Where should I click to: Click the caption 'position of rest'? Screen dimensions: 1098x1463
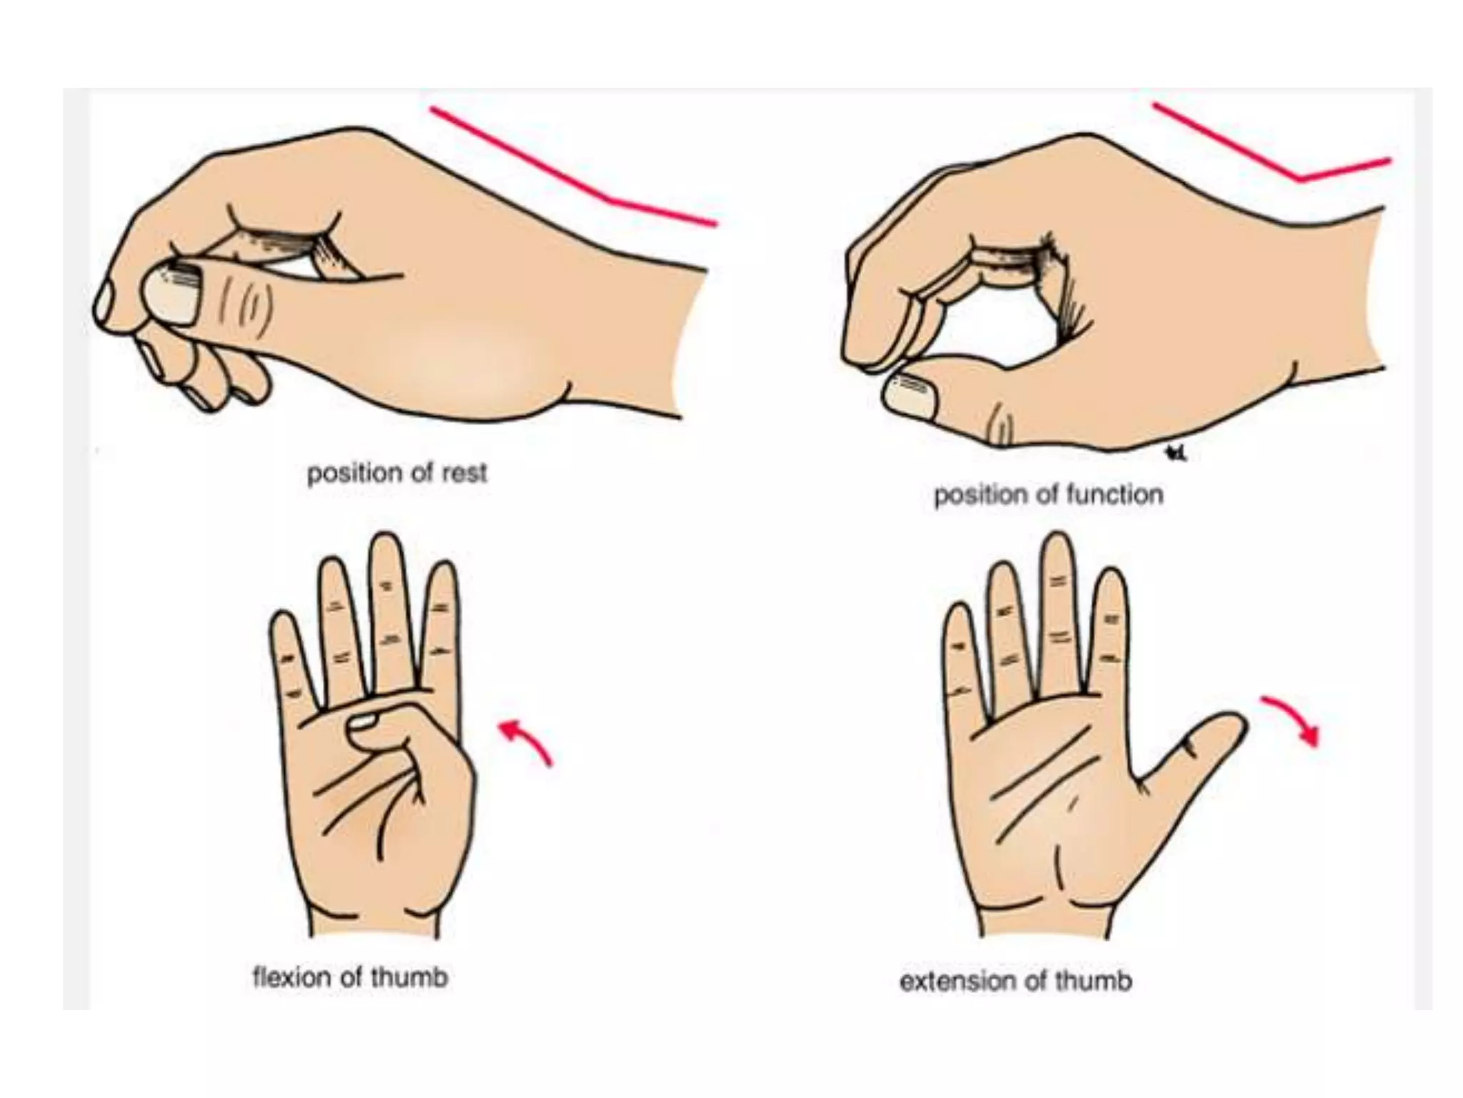pos(397,473)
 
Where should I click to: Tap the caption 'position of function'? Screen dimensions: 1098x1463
pos(1048,495)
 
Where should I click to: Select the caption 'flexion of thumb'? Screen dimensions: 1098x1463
pos(350,976)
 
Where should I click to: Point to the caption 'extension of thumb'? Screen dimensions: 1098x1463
pos(1015,981)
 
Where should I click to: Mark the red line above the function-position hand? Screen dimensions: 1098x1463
pos(1272,150)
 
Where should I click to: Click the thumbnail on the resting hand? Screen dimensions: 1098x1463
pos(170,295)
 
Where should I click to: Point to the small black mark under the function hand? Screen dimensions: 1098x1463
pos(1174,452)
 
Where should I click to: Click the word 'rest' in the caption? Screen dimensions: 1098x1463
pos(465,473)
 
